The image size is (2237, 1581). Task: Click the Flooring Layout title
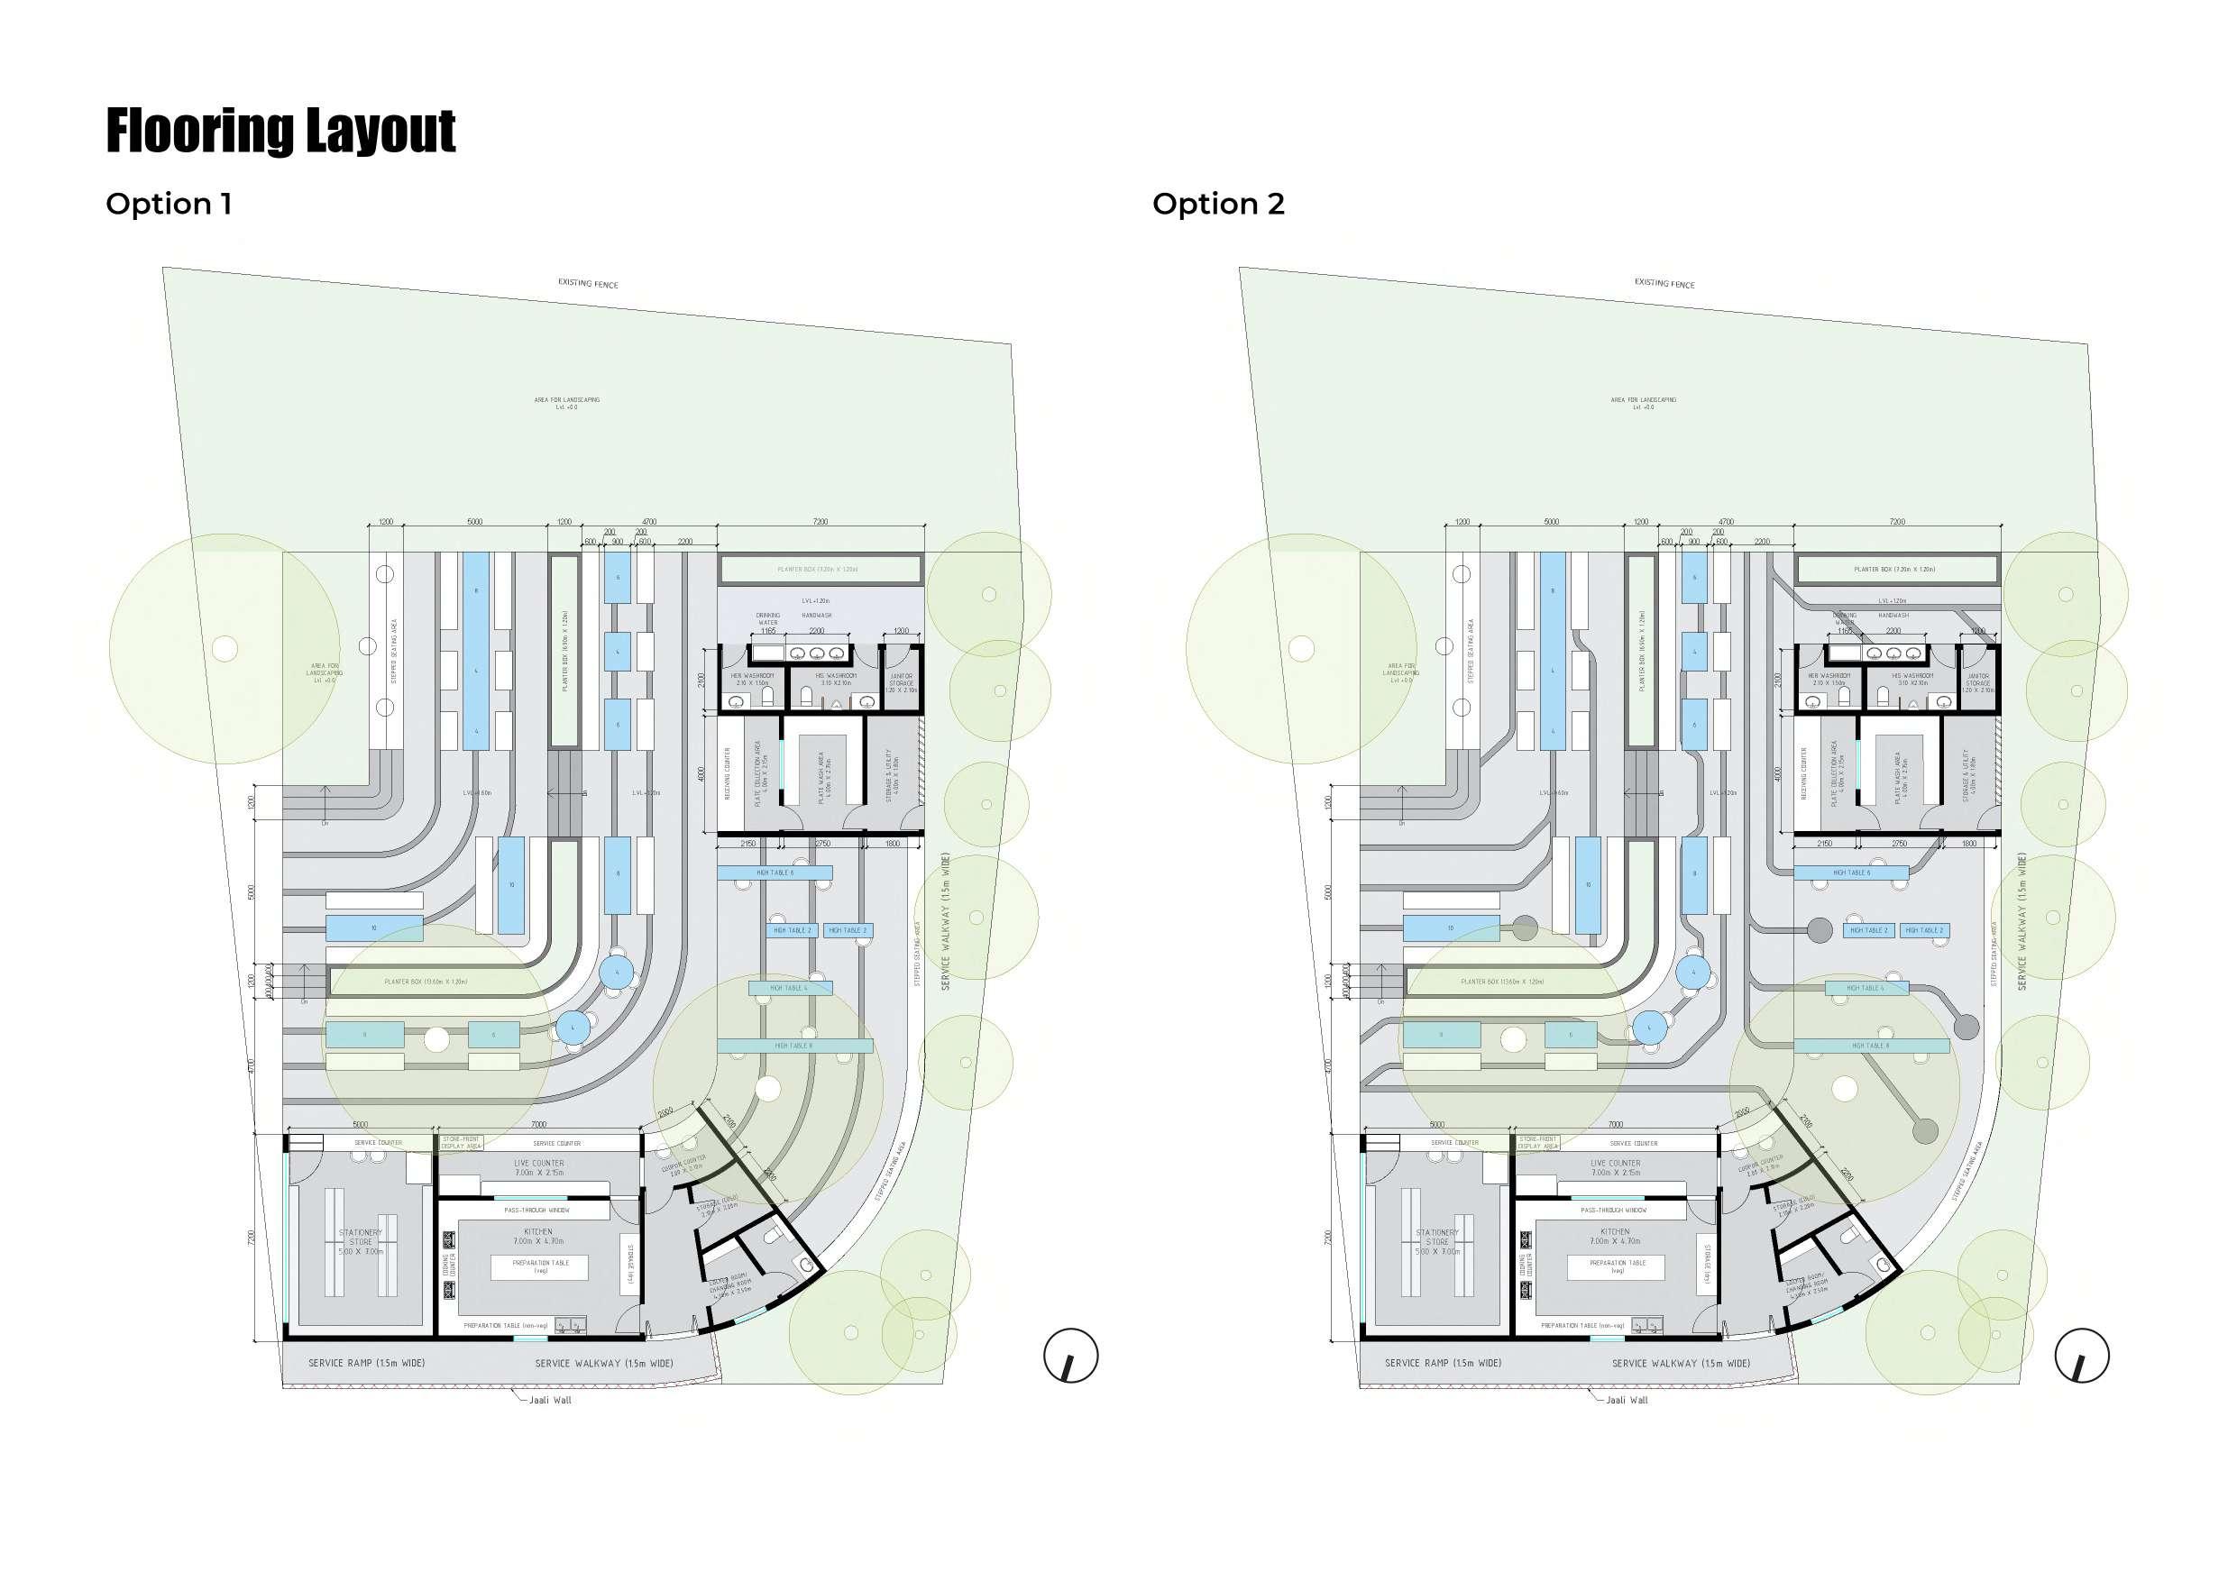[280, 131]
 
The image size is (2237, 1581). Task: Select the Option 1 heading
[169, 204]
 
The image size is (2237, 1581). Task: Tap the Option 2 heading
[1218, 204]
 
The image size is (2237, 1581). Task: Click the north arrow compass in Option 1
[1071, 1355]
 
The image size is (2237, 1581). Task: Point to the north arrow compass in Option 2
[2082, 1355]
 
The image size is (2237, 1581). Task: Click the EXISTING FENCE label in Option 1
[588, 283]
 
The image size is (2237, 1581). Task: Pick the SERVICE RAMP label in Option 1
[366, 1363]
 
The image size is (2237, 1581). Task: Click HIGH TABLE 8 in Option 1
[794, 1046]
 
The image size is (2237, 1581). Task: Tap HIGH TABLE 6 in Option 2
[1852, 873]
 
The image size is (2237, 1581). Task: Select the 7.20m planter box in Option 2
[1898, 569]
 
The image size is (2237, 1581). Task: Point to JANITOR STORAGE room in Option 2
[1978, 682]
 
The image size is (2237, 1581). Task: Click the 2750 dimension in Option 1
[822, 844]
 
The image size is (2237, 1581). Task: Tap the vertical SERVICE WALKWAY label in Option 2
[2022, 921]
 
